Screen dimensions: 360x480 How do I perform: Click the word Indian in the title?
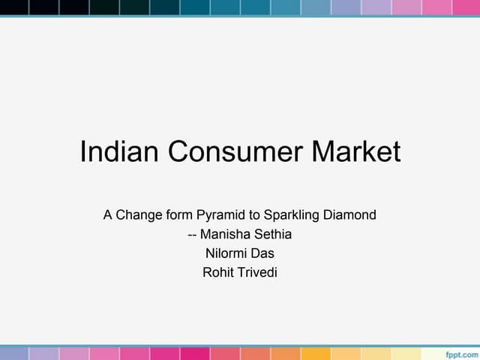(119, 152)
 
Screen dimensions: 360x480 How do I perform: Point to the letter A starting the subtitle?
(108, 215)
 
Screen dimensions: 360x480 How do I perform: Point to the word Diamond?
(350, 215)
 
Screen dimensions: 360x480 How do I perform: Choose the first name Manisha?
(225, 235)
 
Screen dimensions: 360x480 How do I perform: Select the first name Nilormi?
(226, 253)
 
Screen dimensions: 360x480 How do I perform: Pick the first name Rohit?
(218, 272)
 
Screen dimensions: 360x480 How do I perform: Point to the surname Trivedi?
(258, 272)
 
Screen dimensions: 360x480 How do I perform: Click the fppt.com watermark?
(460, 352)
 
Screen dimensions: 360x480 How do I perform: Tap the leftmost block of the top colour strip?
(14, 7)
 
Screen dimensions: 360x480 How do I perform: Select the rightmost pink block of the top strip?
(466, 7)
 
